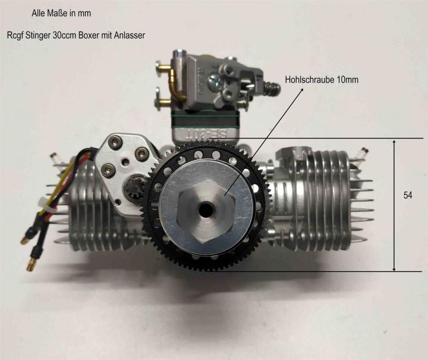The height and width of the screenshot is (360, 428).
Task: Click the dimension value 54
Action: click(x=408, y=195)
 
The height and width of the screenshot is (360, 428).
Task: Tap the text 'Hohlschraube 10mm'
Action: click(x=322, y=80)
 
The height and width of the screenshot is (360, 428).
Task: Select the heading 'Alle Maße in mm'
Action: click(x=61, y=13)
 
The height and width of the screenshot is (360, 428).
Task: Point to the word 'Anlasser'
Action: click(x=130, y=36)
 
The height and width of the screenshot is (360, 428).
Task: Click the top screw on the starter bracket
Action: click(x=113, y=142)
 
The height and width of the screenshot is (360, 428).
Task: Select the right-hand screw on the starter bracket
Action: click(x=141, y=154)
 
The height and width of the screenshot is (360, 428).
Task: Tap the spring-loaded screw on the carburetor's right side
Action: click(x=271, y=88)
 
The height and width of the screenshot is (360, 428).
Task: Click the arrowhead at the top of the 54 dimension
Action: click(x=394, y=142)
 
